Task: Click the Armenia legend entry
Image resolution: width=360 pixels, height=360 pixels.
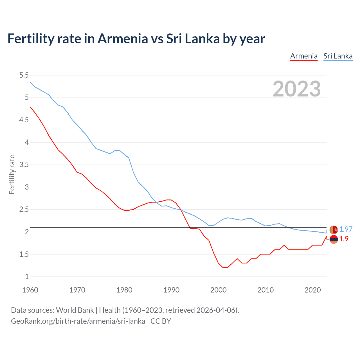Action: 304,56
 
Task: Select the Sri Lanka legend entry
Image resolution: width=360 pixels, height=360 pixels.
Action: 338,56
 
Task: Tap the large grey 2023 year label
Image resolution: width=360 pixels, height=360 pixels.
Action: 296,89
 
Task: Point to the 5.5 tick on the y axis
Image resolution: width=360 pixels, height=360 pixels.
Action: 24,75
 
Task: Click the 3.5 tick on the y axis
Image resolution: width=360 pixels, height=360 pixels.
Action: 24,165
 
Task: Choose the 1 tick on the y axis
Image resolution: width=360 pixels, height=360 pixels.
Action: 27,276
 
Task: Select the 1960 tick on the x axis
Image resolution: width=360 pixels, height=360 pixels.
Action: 30,290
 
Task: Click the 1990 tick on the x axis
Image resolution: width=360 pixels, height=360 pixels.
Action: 171,290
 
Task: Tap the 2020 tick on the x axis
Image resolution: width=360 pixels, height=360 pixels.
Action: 312,290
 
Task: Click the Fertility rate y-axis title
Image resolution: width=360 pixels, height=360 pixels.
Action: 12,174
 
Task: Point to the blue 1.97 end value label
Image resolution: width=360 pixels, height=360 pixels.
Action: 346,229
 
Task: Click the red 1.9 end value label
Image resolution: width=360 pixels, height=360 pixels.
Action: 344,239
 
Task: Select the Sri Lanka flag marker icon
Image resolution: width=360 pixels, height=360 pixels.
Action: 334,230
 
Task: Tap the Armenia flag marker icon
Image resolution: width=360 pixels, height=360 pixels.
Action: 334,239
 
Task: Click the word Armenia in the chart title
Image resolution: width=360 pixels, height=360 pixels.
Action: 123,39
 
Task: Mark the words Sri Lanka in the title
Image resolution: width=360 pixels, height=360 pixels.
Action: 193,39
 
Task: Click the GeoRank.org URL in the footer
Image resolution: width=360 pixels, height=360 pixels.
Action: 78,321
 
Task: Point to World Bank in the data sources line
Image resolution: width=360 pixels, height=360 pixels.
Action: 75,310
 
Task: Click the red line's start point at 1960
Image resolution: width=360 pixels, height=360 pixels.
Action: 30,107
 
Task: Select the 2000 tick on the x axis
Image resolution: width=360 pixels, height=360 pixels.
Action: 218,290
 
